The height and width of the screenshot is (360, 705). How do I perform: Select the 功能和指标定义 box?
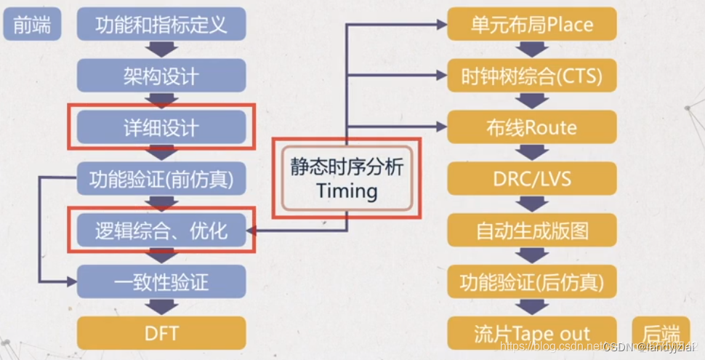161,24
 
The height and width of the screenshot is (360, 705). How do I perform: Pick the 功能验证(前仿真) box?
161,178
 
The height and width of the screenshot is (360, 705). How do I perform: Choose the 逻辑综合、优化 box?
161,231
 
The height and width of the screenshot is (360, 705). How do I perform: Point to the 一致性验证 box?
161,281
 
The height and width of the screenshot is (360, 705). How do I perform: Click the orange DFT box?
161,333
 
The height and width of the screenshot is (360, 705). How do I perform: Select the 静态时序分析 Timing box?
347,179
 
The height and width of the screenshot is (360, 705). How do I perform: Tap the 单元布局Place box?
532,24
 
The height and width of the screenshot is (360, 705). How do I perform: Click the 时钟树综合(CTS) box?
532,75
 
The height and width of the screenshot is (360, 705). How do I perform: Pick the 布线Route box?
532,127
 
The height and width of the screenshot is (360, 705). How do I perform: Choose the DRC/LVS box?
532,178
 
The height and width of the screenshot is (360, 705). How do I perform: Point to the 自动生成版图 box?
532,231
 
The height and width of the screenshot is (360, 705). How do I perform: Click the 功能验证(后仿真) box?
532,281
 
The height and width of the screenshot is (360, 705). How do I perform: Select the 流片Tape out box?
532,333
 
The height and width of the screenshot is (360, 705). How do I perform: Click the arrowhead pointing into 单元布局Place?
440,24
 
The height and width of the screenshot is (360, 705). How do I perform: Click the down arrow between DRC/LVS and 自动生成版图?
532,204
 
